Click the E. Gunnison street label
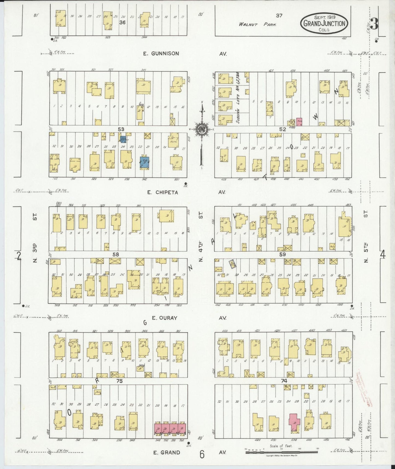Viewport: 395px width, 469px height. [161, 54]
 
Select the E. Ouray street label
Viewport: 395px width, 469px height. [165, 318]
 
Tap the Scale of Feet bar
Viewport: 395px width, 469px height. [281, 453]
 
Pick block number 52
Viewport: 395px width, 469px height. [282, 129]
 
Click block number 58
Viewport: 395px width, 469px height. [116, 254]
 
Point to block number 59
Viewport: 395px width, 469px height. [282, 254]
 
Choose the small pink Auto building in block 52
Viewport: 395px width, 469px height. [299, 121]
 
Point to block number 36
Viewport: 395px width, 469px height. [122, 22]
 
